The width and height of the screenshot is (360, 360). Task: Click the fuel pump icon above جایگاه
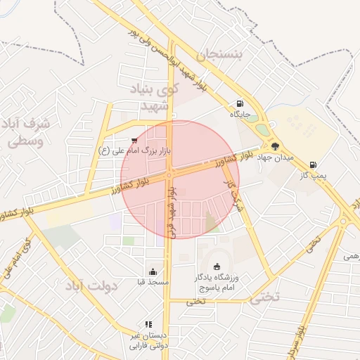[x=240, y=103]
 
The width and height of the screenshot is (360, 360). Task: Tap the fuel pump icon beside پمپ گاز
[x=312, y=165]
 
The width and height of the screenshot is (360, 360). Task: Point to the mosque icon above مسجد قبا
[x=153, y=272]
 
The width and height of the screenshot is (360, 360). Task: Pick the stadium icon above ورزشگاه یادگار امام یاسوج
[x=217, y=266]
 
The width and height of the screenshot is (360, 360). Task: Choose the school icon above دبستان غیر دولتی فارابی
[x=148, y=324]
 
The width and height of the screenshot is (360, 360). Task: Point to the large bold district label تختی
[x=264, y=297]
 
